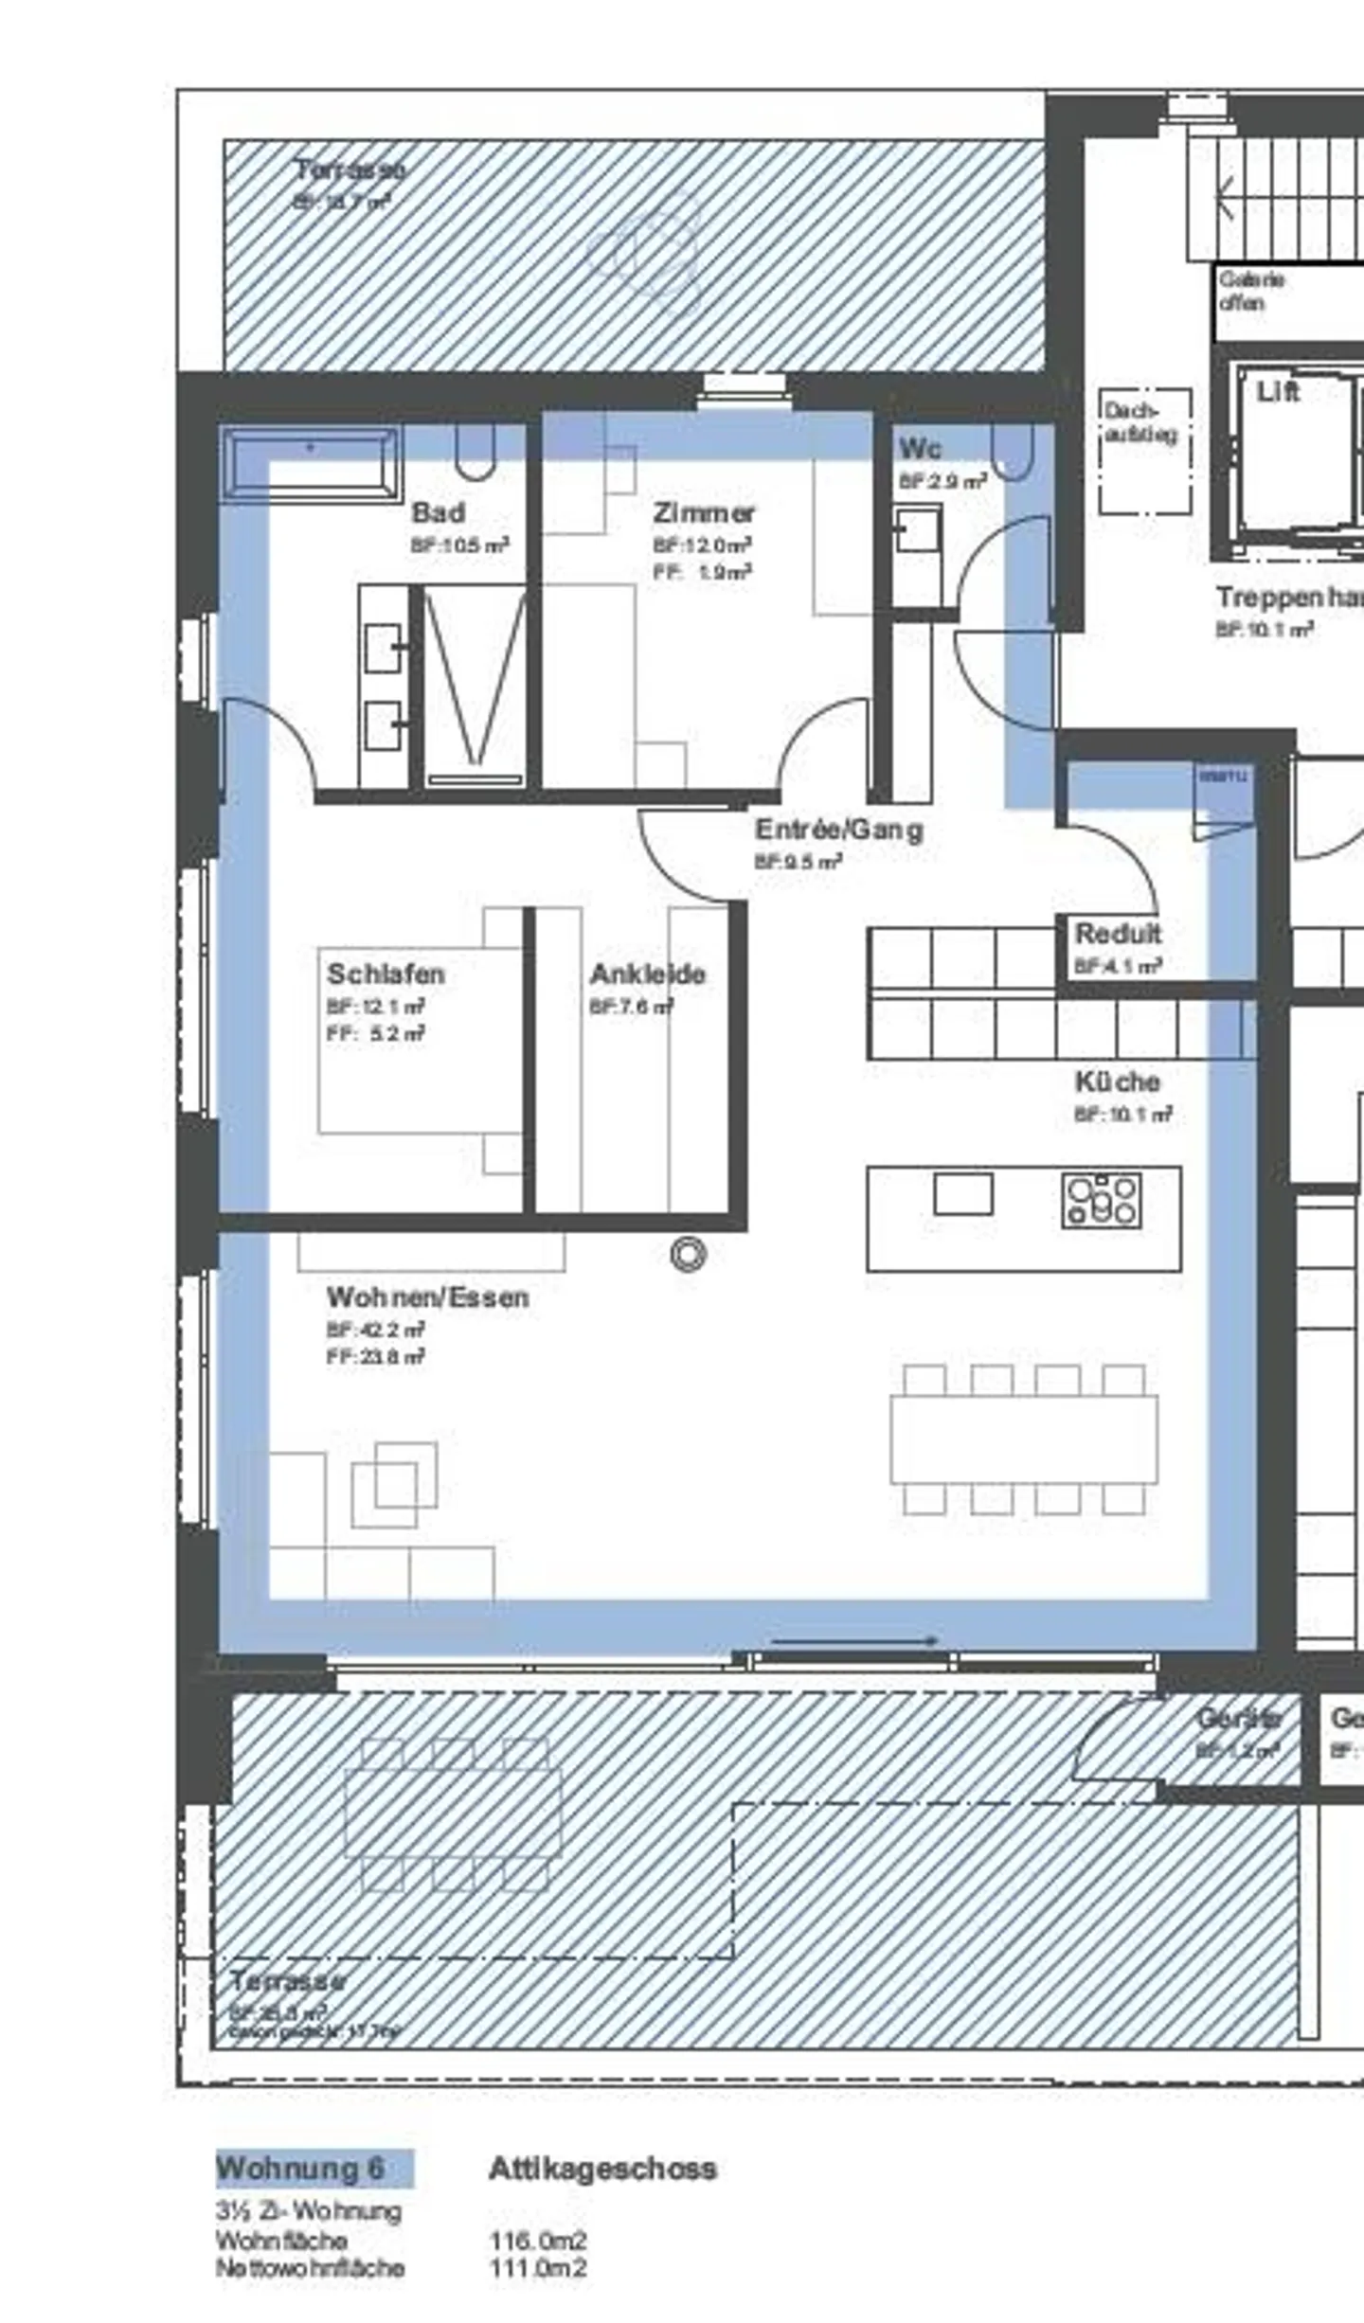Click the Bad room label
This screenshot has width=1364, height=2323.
[438, 513]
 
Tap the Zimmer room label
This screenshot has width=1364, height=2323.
[703, 513]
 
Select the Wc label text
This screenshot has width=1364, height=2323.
[919, 448]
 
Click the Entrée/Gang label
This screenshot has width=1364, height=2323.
[838, 831]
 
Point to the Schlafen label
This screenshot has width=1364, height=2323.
[385, 974]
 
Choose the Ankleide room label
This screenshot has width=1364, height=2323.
[647, 974]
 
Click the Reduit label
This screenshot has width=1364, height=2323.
[1118, 934]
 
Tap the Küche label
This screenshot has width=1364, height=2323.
[1117, 1081]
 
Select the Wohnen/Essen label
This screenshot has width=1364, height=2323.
[427, 1297]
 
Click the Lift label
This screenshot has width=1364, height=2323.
[1277, 391]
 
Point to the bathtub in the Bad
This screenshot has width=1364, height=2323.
[311, 463]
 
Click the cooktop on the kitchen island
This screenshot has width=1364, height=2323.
[1102, 1202]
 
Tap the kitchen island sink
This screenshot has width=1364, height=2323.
[962, 1194]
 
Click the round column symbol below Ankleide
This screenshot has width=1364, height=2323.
[688, 1255]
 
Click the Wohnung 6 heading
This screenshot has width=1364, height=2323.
[300, 2169]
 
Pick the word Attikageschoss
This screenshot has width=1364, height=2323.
[602, 2169]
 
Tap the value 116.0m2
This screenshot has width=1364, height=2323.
[537, 2241]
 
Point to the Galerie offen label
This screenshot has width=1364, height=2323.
[1251, 292]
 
